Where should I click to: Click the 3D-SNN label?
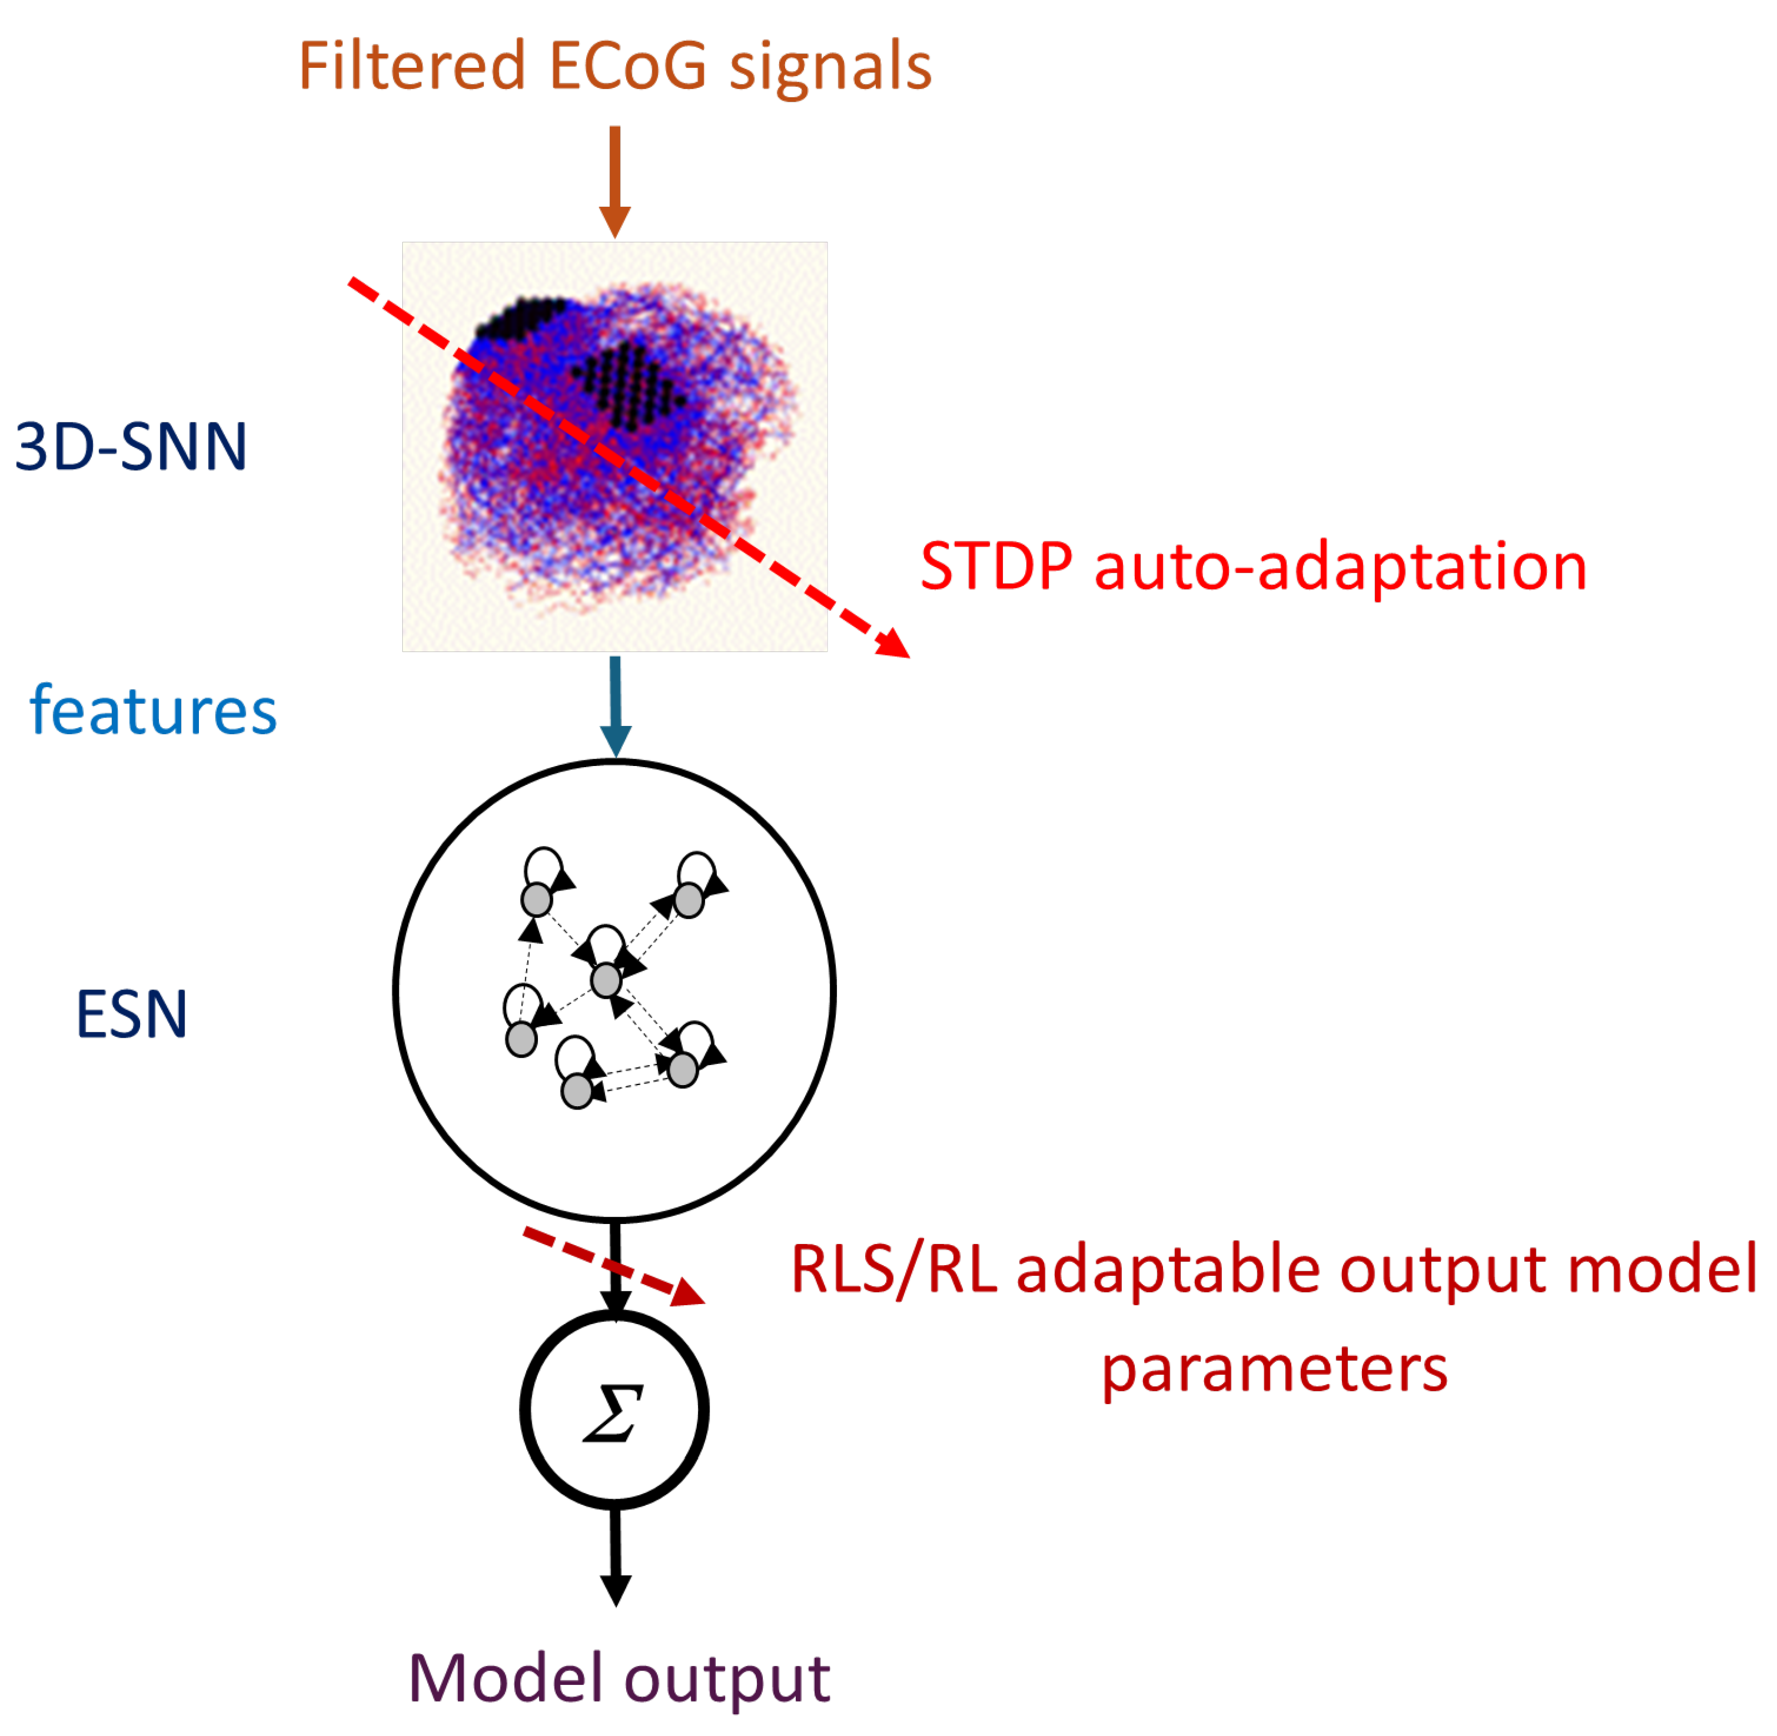click(131, 447)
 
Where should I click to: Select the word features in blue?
click(153, 711)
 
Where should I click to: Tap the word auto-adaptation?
click(1340, 566)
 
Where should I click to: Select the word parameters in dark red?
click(1274, 1370)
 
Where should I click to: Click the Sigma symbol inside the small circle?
click(613, 1412)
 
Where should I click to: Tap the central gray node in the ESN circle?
click(606, 980)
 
